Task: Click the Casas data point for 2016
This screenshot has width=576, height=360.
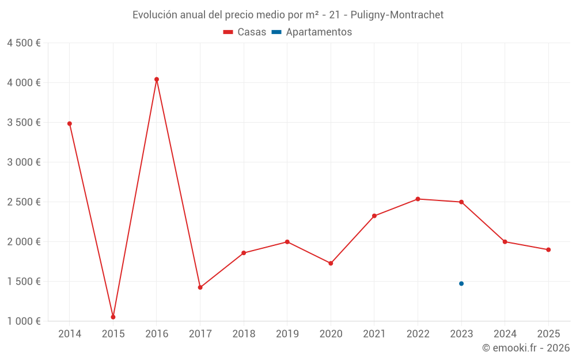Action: tap(157, 79)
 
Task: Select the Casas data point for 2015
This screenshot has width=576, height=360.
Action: tap(113, 317)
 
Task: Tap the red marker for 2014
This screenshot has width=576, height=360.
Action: tap(70, 123)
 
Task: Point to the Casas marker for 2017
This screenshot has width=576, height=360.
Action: tap(200, 287)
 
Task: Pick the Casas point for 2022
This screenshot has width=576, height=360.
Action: tap(418, 199)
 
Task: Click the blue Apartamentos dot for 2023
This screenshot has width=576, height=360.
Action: tap(461, 283)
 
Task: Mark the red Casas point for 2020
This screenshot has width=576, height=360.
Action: tap(331, 263)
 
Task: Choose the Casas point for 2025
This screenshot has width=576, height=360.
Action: tap(548, 250)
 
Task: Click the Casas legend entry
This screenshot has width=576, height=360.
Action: tap(245, 32)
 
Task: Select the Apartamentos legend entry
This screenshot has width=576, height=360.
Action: tap(312, 32)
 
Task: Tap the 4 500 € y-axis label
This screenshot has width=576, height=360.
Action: tap(24, 43)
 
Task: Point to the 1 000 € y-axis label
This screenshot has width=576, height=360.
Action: tap(24, 321)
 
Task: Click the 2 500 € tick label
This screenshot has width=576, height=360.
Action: tap(24, 202)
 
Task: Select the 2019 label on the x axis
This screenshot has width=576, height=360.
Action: tap(287, 334)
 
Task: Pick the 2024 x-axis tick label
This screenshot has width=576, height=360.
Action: tap(505, 334)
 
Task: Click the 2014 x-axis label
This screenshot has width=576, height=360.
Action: tap(70, 334)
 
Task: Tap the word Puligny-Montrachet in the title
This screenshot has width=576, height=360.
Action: tap(401, 15)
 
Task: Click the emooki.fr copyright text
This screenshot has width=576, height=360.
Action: tap(525, 348)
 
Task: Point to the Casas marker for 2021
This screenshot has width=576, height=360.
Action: tap(374, 216)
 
